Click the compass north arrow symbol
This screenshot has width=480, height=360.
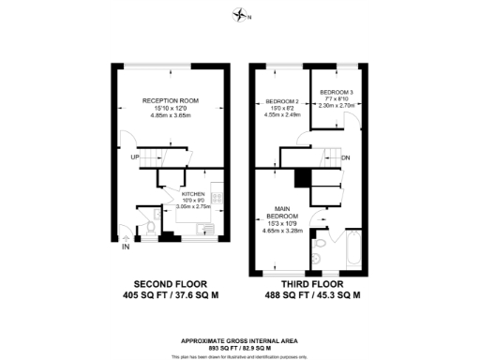tap(241, 14)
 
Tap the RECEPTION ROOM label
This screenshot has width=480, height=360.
tap(165, 99)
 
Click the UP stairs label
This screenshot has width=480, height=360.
tap(135, 157)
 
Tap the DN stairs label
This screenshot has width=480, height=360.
tap(346, 157)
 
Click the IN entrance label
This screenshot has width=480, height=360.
tap(126, 247)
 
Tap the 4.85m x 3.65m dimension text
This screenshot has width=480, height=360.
tap(165, 114)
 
